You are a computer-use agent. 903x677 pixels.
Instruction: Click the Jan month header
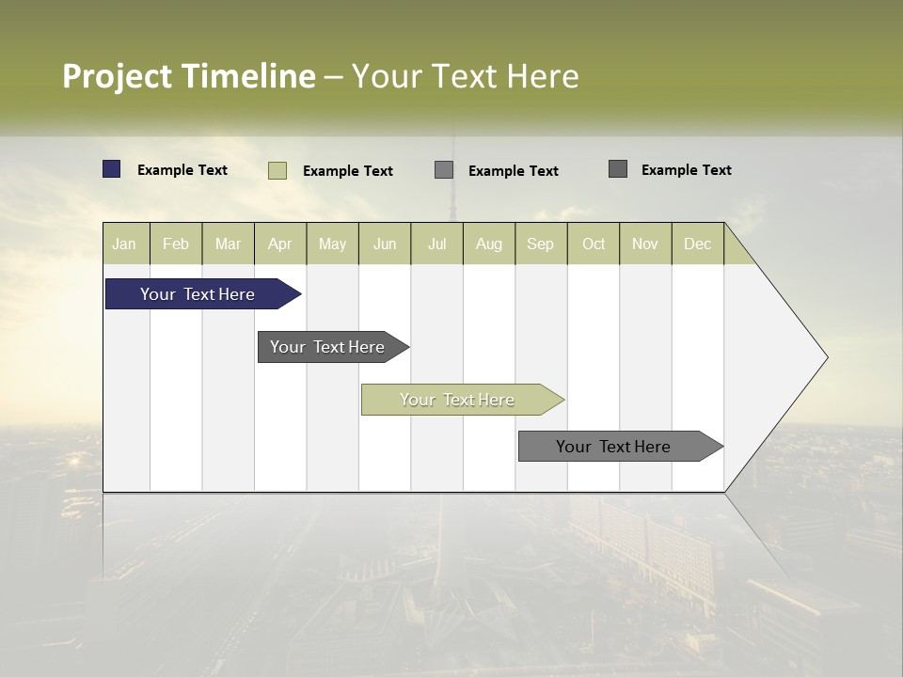pos(124,244)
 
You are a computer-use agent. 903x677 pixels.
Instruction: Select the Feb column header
pos(176,244)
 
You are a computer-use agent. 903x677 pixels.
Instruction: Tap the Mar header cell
pos(228,244)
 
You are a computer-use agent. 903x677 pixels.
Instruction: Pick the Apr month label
pos(279,244)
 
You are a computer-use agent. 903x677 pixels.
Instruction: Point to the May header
pos(332,244)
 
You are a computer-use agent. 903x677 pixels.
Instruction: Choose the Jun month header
pos(385,244)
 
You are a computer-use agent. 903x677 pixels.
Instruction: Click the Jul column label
pos(436,244)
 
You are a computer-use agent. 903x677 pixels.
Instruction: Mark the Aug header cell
pos(488,244)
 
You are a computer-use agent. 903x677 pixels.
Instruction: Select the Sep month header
pos(540,244)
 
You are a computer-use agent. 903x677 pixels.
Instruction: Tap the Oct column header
pos(594,244)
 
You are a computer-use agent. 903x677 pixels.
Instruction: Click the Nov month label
pos(645,244)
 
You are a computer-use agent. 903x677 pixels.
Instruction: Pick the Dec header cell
pos(697,244)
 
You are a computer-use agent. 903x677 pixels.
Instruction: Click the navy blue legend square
pos(111,169)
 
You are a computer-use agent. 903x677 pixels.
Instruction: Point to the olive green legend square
pos(277,170)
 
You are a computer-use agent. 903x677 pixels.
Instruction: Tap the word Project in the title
pos(117,76)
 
